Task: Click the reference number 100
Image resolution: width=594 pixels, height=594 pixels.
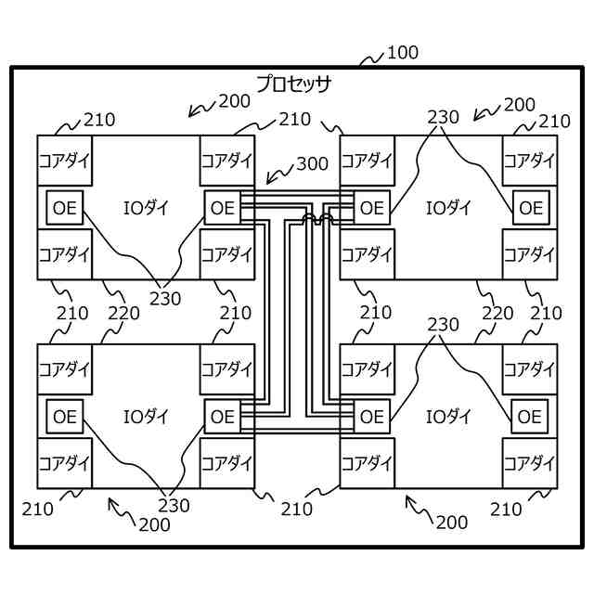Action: pos(402,52)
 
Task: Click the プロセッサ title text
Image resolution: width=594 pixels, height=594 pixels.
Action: pos(294,84)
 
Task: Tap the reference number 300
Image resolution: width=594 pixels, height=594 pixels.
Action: pos(312,164)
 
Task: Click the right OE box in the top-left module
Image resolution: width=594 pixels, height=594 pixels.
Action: pos(223,207)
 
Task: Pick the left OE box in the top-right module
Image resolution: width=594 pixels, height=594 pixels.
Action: pos(371,207)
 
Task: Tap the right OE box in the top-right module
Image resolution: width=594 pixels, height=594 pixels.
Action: pos(530,207)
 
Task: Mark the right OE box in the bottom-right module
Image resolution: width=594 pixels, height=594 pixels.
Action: pos(530,417)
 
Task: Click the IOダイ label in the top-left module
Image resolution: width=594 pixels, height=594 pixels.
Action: pos(146,207)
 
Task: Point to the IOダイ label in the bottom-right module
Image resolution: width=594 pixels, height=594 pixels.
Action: pos(449,417)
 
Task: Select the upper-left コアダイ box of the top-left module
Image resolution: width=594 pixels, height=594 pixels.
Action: pos(65,159)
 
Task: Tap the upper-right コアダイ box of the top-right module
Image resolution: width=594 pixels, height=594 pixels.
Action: pos(530,159)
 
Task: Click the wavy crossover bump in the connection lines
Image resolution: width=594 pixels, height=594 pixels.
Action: pos(316,220)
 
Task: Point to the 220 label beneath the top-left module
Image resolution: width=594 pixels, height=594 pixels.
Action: pos(123,313)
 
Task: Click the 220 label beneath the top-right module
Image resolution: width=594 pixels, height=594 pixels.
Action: pos(497,313)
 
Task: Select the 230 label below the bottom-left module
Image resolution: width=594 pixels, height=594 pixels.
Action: pos(174,505)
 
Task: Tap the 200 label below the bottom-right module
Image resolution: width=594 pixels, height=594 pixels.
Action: pos(452,523)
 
